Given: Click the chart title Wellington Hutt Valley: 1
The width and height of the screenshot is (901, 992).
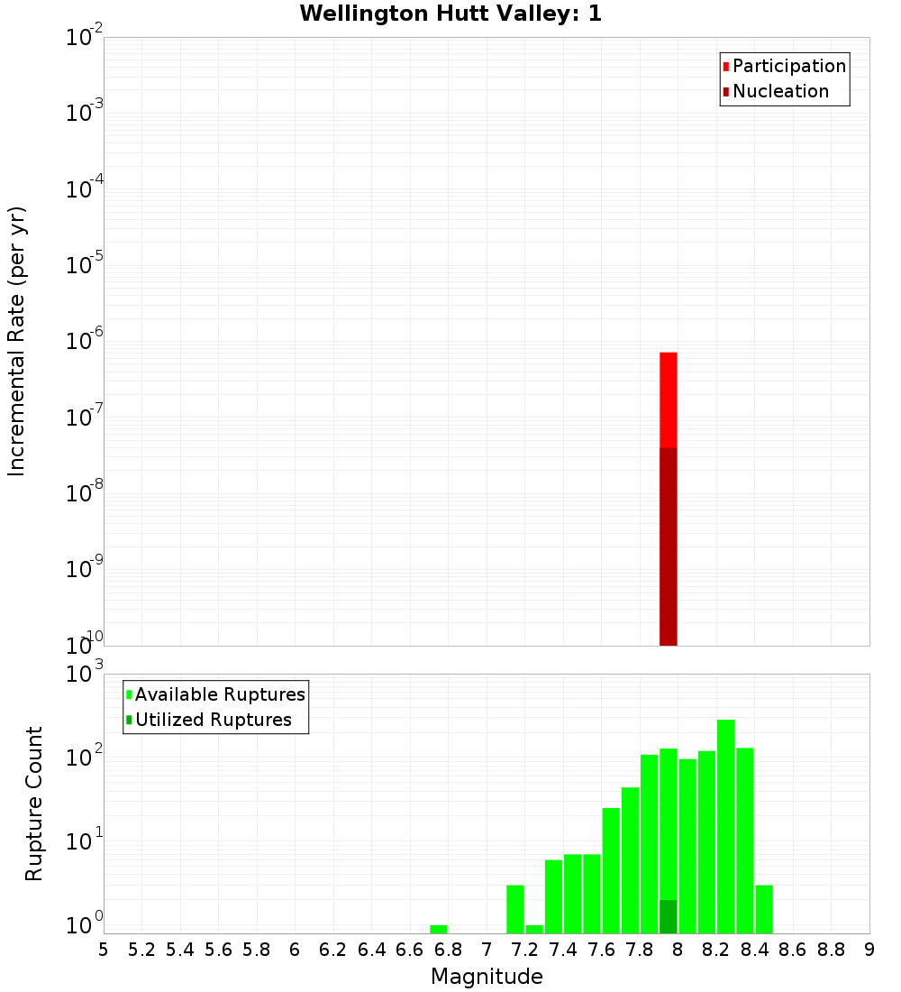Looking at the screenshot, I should tap(450, 14).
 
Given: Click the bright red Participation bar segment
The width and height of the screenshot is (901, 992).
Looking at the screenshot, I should tap(669, 400).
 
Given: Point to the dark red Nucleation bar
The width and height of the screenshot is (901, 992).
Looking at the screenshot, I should tap(669, 547).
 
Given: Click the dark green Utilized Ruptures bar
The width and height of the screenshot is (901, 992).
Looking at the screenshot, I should tap(669, 916).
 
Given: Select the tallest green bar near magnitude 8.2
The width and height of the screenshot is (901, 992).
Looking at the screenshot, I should tap(725, 826).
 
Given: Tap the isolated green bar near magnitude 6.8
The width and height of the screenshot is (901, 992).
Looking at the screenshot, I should tap(439, 929).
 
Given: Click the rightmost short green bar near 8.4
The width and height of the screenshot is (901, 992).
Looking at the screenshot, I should tap(764, 909).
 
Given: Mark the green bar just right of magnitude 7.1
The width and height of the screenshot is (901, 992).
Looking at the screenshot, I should tap(515, 909).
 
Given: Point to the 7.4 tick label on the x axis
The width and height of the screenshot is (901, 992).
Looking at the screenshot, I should tap(563, 950).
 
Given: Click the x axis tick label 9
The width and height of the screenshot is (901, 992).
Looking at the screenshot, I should tap(869, 950).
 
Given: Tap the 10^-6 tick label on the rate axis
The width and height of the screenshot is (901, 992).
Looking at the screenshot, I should tap(83, 341).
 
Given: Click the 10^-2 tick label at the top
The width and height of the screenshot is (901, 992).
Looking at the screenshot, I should tap(83, 38).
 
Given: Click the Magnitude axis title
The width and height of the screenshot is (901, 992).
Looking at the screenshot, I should tap(487, 977).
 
